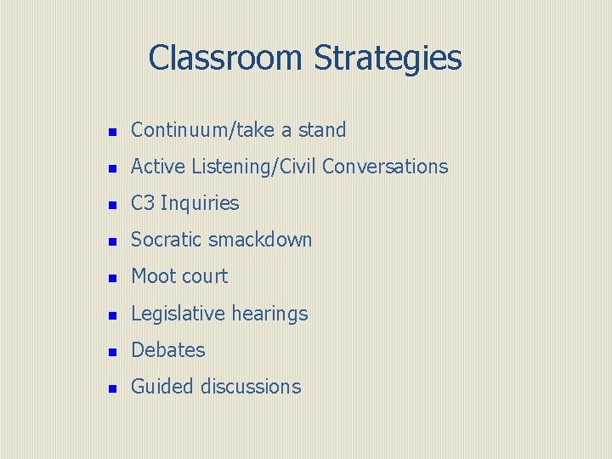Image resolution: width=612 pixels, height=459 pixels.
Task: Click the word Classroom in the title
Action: point(225,58)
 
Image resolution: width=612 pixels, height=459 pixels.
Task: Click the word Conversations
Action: point(385,167)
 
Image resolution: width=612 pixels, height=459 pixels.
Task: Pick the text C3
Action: point(143,203)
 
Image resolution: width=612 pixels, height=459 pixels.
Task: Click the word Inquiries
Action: point(200,204)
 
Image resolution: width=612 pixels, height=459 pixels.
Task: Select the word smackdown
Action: point(260,240)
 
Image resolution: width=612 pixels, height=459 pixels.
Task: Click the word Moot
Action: point(153,276)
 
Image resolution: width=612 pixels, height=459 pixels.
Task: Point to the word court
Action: point(205,276)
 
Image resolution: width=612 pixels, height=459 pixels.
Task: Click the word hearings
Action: point(269,314)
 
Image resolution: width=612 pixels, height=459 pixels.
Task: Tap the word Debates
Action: point(168,349)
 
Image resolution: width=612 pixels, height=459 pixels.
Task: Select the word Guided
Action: point(162,386)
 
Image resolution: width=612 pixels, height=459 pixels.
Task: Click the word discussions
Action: point(251,386)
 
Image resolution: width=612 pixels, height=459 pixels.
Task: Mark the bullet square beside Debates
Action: point(110,351)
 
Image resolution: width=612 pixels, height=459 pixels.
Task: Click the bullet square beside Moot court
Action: point(110,278)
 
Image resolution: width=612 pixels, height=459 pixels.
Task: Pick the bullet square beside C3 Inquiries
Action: point(110,205)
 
